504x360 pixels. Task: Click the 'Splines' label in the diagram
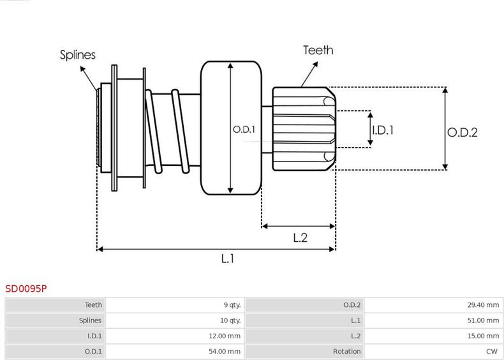click(77, 55)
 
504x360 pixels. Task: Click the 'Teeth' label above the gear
click(318, 50)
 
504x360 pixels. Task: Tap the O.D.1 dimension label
click(244, 130)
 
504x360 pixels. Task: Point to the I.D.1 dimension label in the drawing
click(383, 130)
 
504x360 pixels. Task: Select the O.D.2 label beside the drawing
click(462, 132)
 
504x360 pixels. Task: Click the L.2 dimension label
click(300, 238)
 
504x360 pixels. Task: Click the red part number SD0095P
click(26, 289)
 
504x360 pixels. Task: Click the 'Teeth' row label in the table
click(93, 305)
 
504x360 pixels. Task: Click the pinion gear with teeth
click(303, 129)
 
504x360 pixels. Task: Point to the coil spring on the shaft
click(169, 131)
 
